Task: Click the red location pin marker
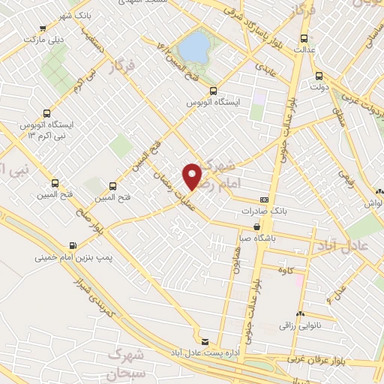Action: [x=193, y=176]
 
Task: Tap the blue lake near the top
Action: [x=196, y=47]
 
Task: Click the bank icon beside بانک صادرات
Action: [x=263, y=200]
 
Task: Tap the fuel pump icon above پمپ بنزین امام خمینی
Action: [x=73, y=245]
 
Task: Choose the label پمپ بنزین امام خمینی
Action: [x=73, y=257]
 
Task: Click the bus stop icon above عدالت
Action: [x=304, y=39]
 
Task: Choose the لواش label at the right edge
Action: [x=374, y=203]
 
